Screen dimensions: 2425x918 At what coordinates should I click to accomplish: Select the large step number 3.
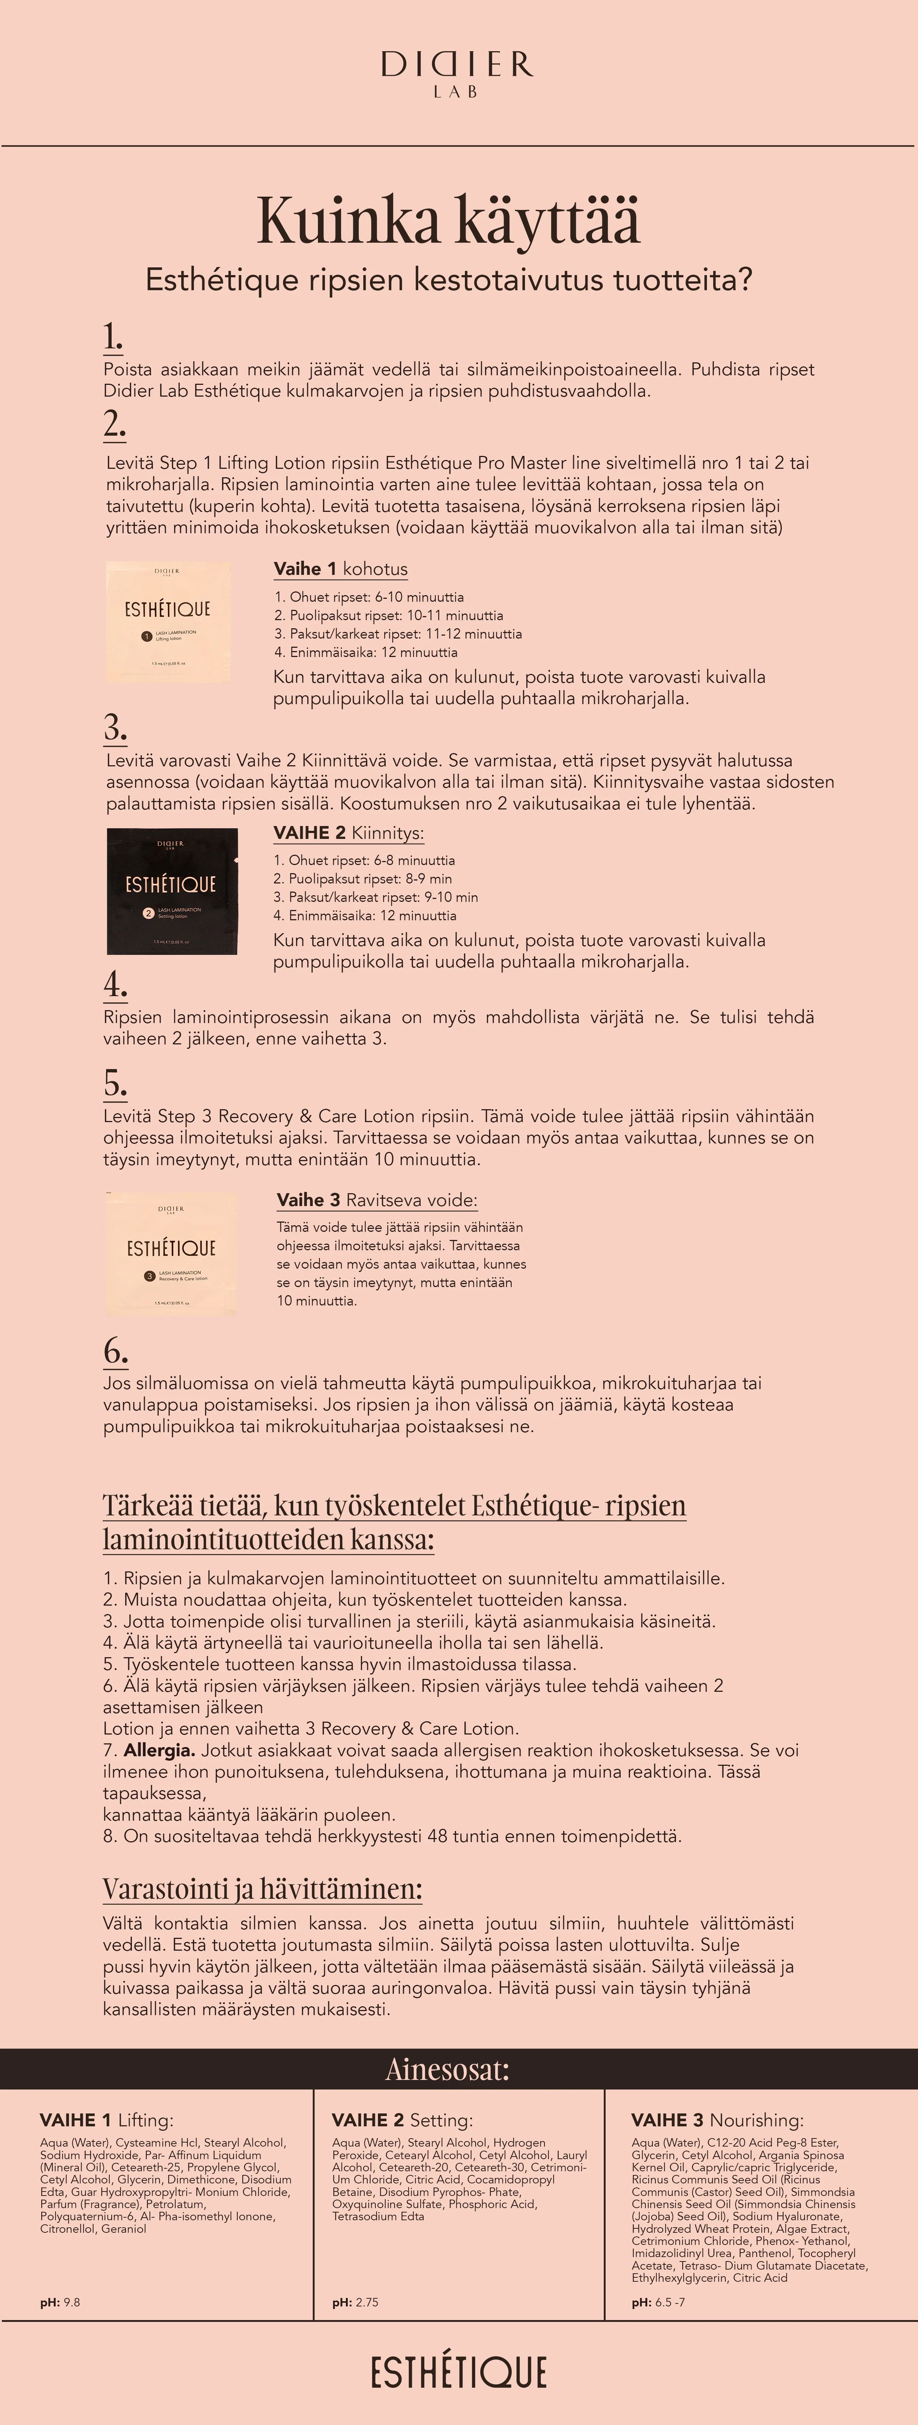pyautogui.click(x=115, y=728)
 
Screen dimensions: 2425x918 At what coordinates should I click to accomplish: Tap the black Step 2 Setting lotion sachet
pyautogui.click(x=172, y=890)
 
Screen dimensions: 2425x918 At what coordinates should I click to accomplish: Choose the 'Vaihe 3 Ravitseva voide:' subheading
pyautogui.click(x=376, y=1200)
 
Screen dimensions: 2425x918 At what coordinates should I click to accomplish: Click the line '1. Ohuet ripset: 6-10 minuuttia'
pyautogui.click(x=369, y=597)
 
